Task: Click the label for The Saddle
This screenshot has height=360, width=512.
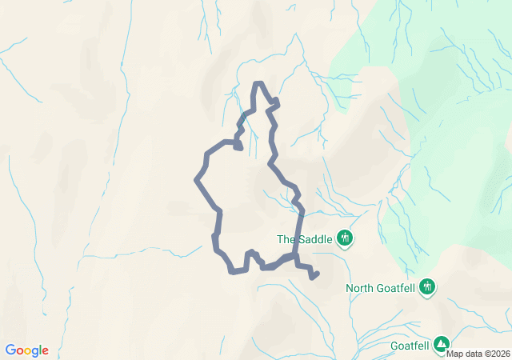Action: pos(304,238)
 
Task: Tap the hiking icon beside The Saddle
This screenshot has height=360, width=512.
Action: pos(346,238)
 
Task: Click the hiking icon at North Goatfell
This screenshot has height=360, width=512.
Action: pos(428,286)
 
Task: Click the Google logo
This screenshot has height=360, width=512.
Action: pos(26,350)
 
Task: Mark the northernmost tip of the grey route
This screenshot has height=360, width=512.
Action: pos(258,83)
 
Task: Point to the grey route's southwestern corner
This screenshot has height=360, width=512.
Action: pos(233,272)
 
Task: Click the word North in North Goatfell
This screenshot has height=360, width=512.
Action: pos(359,288)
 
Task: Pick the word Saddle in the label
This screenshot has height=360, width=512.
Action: pos(313,238)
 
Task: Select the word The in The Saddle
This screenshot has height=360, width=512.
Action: pos(286,238)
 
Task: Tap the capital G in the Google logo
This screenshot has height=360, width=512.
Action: pos(10,350)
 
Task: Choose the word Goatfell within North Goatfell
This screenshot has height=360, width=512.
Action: pos(396,288)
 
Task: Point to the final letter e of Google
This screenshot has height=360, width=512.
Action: pos(45,351)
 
